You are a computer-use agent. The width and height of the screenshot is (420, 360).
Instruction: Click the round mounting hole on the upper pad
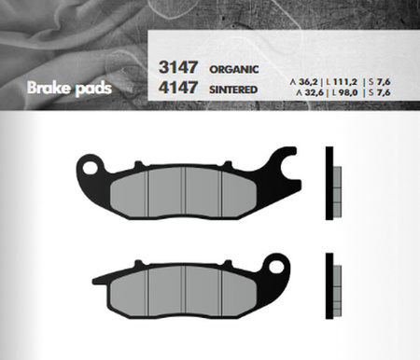click(91, 169)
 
